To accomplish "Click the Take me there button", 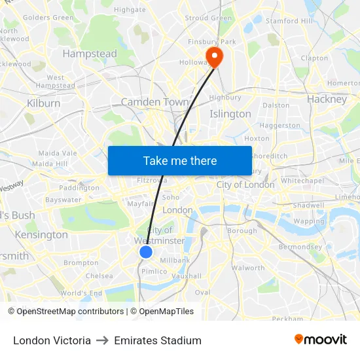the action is pyautogui.click(x=180, y=160).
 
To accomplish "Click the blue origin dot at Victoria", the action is pyautogui.click(x=146, y=251).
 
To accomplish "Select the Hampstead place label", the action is pyautogui.click(x=90, y=54).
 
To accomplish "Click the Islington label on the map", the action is pyautogui.click(x=230, y=114).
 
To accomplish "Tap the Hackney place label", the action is pyautogui.click(x=327, y=99).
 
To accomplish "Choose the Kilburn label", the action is pyautogui.click(x=44, y=103).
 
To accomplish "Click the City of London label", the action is pyautogui.click(x=245, y=185).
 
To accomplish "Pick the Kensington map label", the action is pyautogui.click(x=41, y=234).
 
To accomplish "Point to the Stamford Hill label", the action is pyautogui.click(x=289, y=21).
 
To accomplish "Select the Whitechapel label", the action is pyautogui.click(x=302, y=180).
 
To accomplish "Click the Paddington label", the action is pyautogui.click(x=79, y=188).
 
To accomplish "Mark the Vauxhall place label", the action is pyautogui.click(x=187, y=276).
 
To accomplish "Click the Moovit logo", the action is pyautogui.click(x=321, y=339).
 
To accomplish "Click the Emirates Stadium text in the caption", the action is pyautogui.click(x=158, y=340).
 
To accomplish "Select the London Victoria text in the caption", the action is pyautogui.click(x=52, y=340).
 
